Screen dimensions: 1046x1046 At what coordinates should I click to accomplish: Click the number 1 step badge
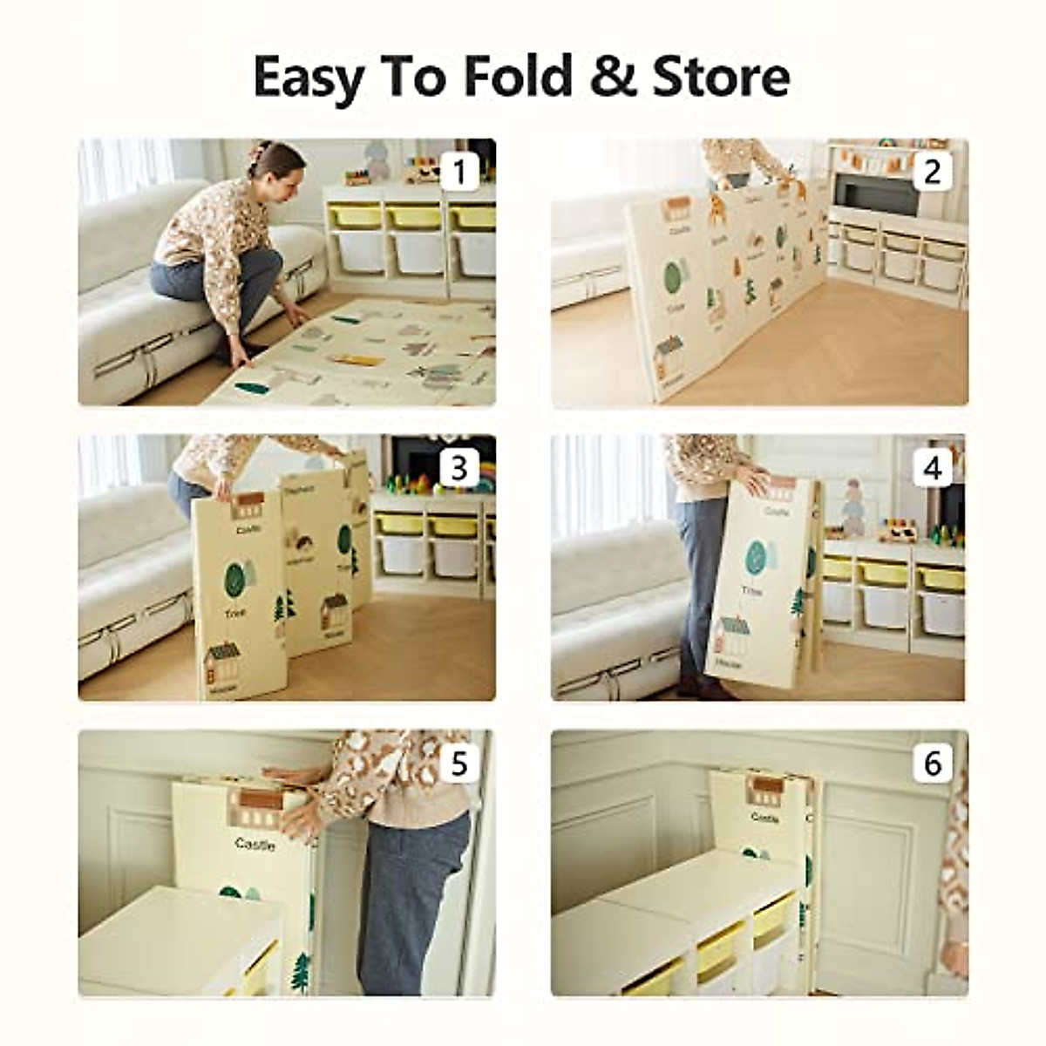pyautogui.click(x=459, y=172)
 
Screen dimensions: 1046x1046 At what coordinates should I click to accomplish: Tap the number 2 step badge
pyautogui.click(x=932, y=172)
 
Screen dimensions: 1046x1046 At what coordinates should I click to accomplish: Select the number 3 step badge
pyautogui.click(x=459, y=469)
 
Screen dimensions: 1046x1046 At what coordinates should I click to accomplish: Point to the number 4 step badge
pyautogui.click(x=932, y=469)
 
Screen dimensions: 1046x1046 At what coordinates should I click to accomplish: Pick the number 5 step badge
pyautogui.click(x=459, y=764)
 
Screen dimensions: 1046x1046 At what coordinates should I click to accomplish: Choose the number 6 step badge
pyautogui.click(x=932, y=764)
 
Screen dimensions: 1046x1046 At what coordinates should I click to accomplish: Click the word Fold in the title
pyautogui.click(x=517, y=76)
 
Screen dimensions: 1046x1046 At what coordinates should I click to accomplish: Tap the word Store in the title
pyautogui.click(x=721, y=76)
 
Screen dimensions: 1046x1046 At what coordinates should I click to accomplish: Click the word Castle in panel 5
pyautogui.click(x=255, y=844)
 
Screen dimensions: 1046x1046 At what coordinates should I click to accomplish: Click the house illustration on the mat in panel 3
pyautogui.click(x=222, y=662)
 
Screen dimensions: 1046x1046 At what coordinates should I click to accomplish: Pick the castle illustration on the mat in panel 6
pyautogui.click(x=766, y=791)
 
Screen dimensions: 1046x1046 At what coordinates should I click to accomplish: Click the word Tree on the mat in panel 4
pyautogui.click(x=752, y=591)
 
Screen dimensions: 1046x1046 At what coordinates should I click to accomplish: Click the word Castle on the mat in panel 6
pyautogui.click(x=764, y=818)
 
